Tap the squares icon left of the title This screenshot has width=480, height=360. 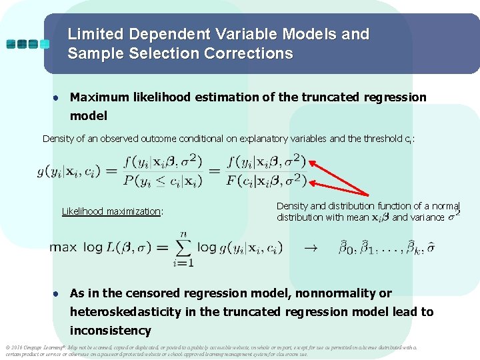[x=27, y=44]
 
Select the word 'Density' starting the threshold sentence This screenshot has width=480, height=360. [x=61, y=139]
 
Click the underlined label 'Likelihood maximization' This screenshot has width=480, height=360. [x=112, y=211]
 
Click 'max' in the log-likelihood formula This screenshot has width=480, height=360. [x=63, y=248]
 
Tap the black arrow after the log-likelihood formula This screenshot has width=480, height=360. [x=311, y=248]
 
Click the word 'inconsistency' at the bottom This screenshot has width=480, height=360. [x=111, y=331]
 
